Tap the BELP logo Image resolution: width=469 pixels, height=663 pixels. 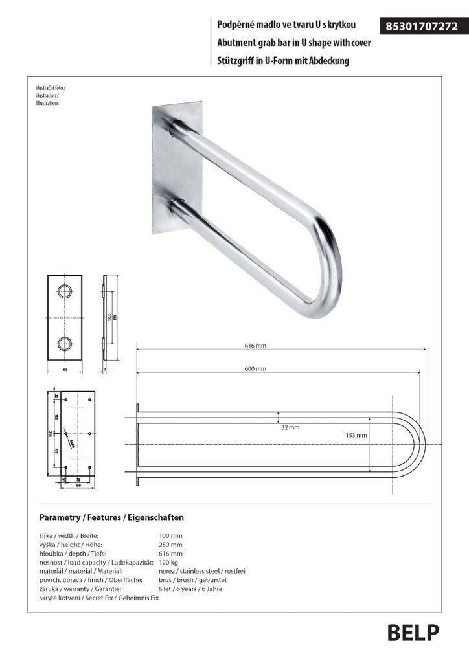coord(413,632)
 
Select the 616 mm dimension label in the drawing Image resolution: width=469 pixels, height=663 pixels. coord(256,346)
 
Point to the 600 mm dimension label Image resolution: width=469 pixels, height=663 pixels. coord(256,368)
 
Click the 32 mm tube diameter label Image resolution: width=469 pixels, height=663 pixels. coord(290,427)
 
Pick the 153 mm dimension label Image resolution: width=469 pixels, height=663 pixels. coord(356,435)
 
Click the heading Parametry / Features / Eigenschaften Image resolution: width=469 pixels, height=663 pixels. coord(111,517)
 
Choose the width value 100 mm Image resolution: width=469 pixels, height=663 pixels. coord(171,536)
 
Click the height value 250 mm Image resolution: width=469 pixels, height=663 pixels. coord(171,545)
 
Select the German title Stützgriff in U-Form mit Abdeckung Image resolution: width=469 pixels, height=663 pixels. coord(284,61)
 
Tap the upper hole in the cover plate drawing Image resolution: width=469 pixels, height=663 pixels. coord(65,289)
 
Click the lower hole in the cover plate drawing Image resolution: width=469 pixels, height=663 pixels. coord(65,344)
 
